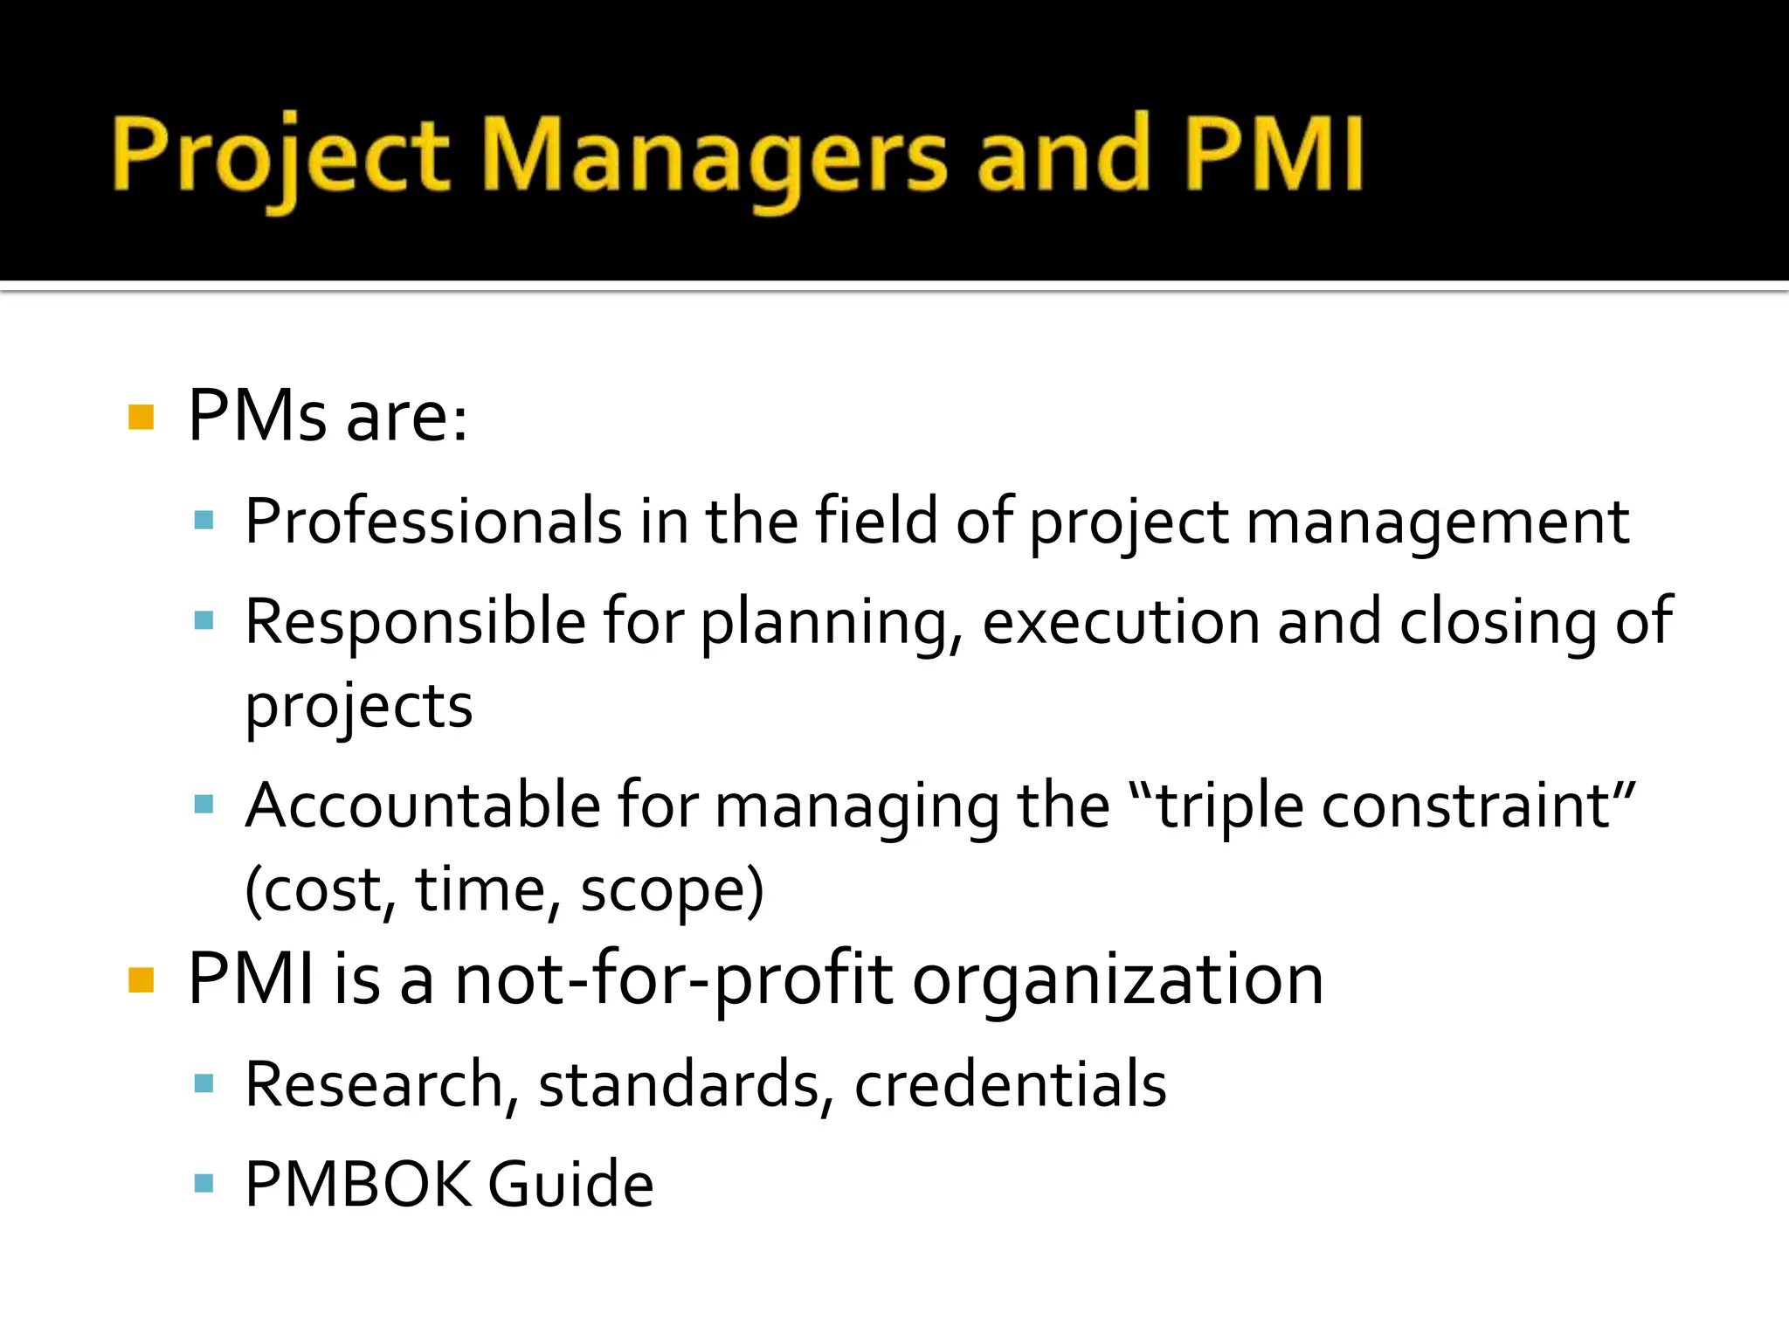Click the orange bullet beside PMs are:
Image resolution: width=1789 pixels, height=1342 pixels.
(x=142, y=417)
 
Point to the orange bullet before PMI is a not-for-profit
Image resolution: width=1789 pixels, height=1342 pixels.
(x=142, y=980)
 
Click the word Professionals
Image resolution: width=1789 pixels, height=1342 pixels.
(x=433, y=522)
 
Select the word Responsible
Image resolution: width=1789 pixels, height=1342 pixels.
(x=415, y=622)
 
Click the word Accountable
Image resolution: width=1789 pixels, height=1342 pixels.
(x=423, y=806)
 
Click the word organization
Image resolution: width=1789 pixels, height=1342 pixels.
(x=1117, y=980)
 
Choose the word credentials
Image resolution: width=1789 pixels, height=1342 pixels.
(x=1010, y=1084)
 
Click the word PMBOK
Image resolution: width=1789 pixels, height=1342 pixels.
(x=357, y=1185)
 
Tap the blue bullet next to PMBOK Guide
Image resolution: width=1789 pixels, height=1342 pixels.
(x=204, y=1184)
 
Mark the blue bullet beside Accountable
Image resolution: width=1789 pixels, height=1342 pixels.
(x=204, y=804)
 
